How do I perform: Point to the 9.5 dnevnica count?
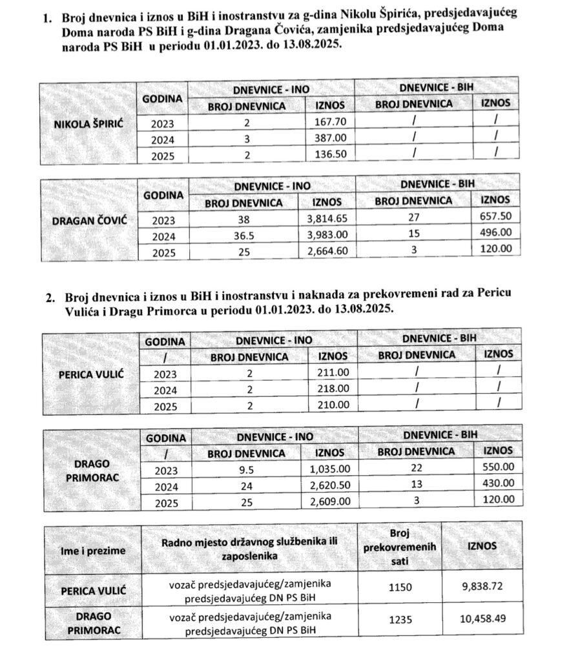pyautogui.click(x=246, y=471)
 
